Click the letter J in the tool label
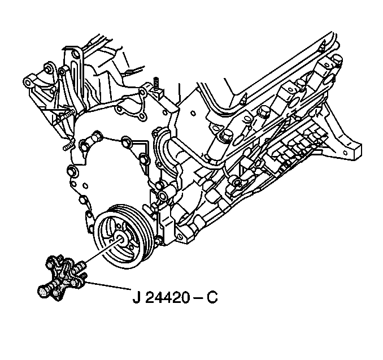pos(136,297)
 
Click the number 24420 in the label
pos(168,297)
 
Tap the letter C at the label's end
pos(212,297)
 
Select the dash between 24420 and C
pos(198,298)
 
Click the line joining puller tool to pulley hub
pos(103,251)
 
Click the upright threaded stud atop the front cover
pos(155,84)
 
